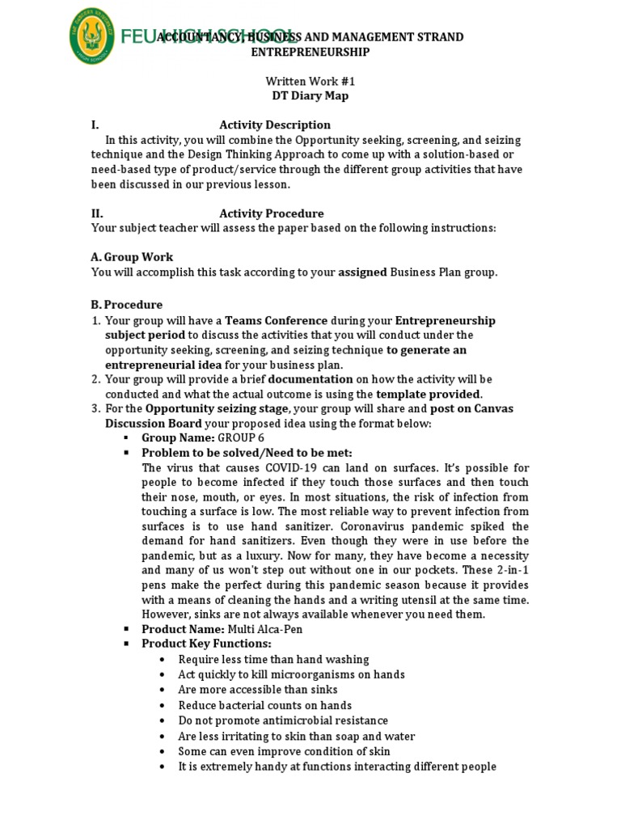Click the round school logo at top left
(91, 36)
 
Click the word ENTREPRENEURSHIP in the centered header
(310, 52)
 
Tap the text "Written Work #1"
(310, 82)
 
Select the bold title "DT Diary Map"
(310, 95)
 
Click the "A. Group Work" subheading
(132, 257)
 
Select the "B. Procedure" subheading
(127, 305)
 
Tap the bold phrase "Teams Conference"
(277, 320)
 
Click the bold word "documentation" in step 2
(310, 378)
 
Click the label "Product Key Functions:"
(206, 643)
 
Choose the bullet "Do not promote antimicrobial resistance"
(283, 720)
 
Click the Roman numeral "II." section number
(97, 213)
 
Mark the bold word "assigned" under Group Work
(362, 272)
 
